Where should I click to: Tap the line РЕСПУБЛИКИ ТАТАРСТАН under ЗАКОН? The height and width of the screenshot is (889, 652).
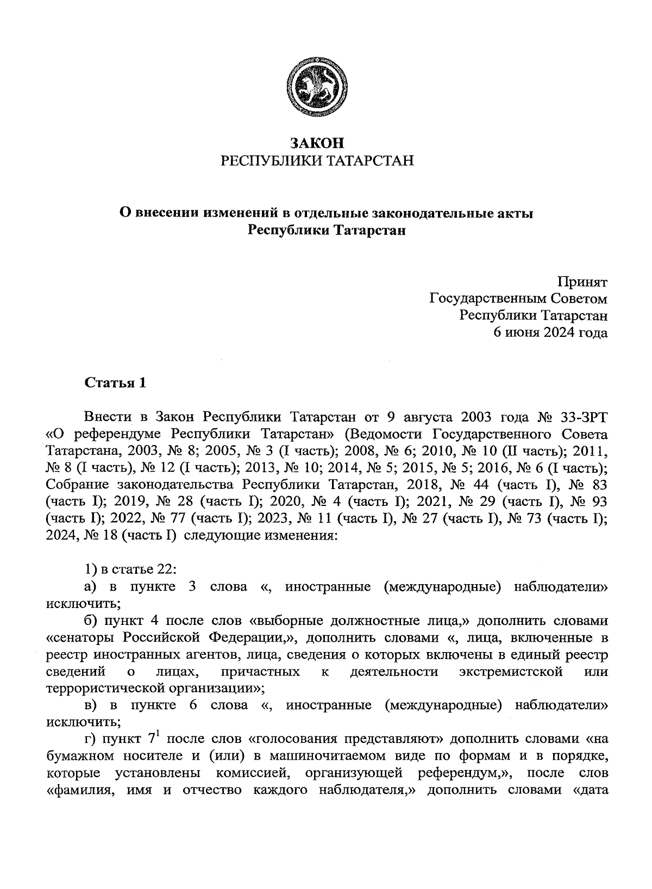click(x=317, y=161)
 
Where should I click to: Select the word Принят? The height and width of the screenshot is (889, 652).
click(x=582, y=283)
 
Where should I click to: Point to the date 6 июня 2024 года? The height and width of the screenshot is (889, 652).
click(x=550, y=333)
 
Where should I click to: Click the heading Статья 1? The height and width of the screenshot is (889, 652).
click(x=115, y=383)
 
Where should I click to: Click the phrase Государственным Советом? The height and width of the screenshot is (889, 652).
click(x=518, y=299)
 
